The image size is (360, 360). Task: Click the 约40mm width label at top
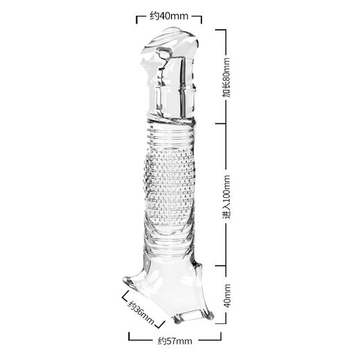(x=169, y=16)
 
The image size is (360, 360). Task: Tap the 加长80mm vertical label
(x=226, y=78)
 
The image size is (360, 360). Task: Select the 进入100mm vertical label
(x=226, y=197)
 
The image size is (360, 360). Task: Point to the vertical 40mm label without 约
(x=227, y=296)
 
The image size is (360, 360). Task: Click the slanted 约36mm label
(x=141, y=312)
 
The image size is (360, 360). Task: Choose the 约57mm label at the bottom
(x=175, y=341)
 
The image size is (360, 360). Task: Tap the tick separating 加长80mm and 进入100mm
(x=220, y=123)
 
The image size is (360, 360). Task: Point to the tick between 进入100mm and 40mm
(x=220, y=266)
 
